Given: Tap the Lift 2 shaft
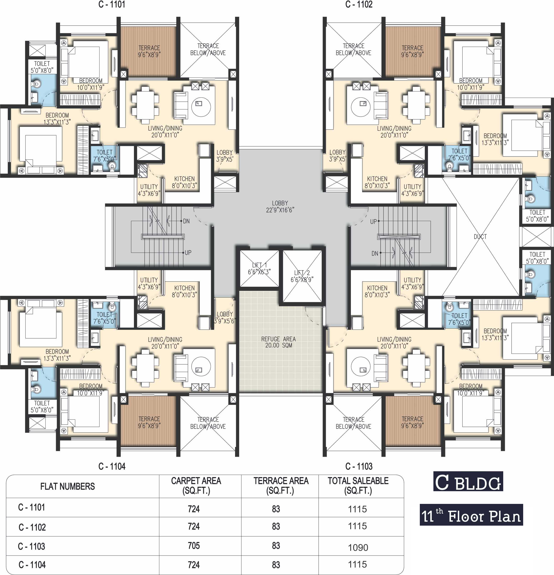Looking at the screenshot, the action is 302,276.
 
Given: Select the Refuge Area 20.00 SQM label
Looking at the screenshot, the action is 279,342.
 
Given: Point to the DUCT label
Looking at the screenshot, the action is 480,236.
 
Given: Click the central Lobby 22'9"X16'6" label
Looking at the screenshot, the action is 280,207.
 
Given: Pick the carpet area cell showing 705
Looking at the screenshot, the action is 194,546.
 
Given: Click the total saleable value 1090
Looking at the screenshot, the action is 358,547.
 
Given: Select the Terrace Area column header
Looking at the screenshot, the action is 281,486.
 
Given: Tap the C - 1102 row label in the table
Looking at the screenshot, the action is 32,527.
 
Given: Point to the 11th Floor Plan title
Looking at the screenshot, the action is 471,515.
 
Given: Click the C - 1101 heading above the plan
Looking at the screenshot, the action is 112,4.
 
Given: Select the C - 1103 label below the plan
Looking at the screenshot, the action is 359,466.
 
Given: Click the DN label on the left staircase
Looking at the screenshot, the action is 186,221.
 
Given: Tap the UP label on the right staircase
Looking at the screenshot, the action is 373,222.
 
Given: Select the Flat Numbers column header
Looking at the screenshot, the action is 68,486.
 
